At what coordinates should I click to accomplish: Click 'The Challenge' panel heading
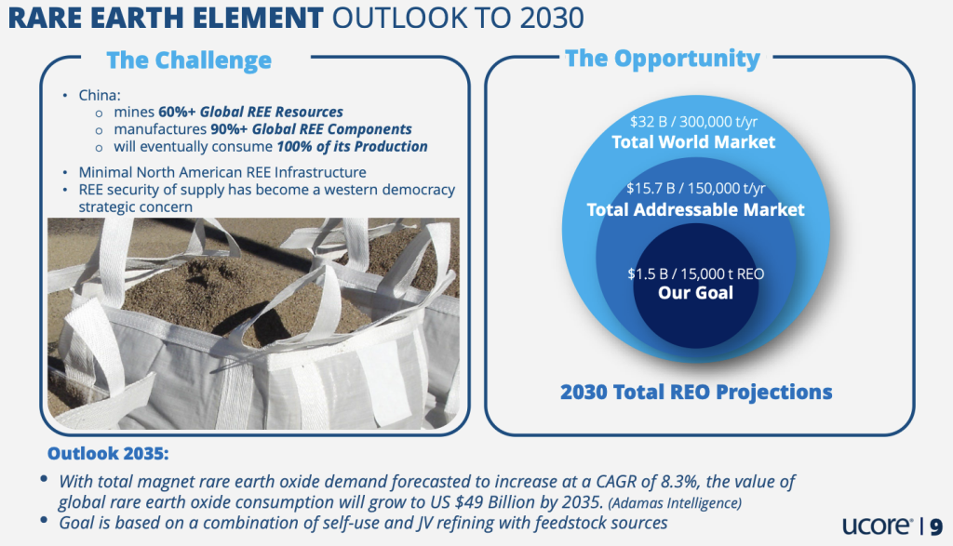pyautogui.click(x=189, y=60)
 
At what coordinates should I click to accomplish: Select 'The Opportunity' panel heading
pyautogui.click(x=663, y=59)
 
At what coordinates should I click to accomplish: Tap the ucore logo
pyautogui.click(x=877, y=525)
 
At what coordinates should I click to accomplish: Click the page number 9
pyautogui.click(x=936, y=526)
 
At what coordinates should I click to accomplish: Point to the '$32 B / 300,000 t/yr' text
pyautogui.click(x=693, y=122)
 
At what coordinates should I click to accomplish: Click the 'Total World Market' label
pyautogui.click(x=693, y=142)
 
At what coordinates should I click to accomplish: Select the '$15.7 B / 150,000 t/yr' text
pyautogui.click(x=696, y=188)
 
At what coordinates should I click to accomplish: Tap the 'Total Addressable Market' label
pyautogui.click(x=695, y=209)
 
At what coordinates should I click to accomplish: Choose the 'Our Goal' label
pyautogui.click(x=695, y=293)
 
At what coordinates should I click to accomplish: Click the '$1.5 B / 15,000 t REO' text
pyautogui.click(x=696, y=273)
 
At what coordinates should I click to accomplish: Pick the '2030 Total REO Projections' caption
pyautogui.click(x=696, y=393)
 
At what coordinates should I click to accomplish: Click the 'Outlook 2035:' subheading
pyautogui.click(x=108, y=454)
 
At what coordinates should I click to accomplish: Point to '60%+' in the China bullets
pyautogui.click(x=177, y=112)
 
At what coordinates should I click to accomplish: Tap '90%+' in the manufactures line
pyautogui.click(x=229, y=129)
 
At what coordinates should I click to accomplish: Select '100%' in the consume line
pyautogui.click(x=294, y=146)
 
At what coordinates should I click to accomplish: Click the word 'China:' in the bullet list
pyautogui.click(x=100, y=96)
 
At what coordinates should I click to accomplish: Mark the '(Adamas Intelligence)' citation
pyautogui.click(x=675, y=503)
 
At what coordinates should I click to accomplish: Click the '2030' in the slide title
pyautogui.click(x=552, y=18)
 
